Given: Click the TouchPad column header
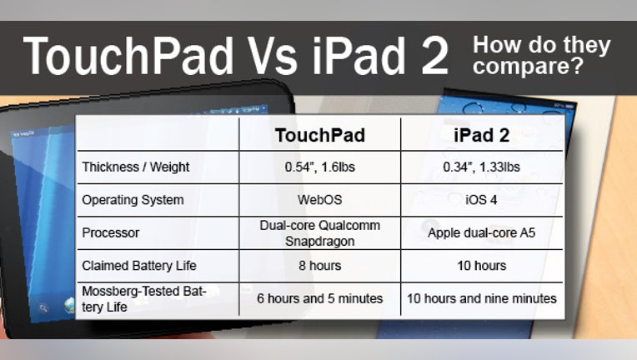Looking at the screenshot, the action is point(319,135).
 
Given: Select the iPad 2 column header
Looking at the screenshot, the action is point(481,135).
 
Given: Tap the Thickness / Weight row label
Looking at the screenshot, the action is point(136,167).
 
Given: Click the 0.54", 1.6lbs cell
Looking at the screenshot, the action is point(319,167).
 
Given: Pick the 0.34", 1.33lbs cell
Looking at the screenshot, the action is point(481,167).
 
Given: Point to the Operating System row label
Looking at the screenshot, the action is point(133,200).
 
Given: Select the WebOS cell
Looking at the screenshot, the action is point(319,200).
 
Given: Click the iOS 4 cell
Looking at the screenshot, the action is point(481,200).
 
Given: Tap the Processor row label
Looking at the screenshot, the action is point(111,233).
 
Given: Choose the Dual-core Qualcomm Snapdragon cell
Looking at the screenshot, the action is point(319,233).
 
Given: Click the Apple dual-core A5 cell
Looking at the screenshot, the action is point(481,233).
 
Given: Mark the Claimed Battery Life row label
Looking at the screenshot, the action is point(139,266).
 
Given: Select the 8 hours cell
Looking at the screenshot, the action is point(319,266).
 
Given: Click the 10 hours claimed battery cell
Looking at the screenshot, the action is point(481,266).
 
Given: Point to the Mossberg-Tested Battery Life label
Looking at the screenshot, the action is point(144,299).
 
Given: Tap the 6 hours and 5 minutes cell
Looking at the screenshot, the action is point(319,298).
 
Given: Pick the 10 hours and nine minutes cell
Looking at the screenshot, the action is point(481,298).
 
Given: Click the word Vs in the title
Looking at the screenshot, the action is point(271,56).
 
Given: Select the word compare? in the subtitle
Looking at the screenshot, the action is point(528,65).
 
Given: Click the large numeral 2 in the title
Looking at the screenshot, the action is point(434,56).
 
